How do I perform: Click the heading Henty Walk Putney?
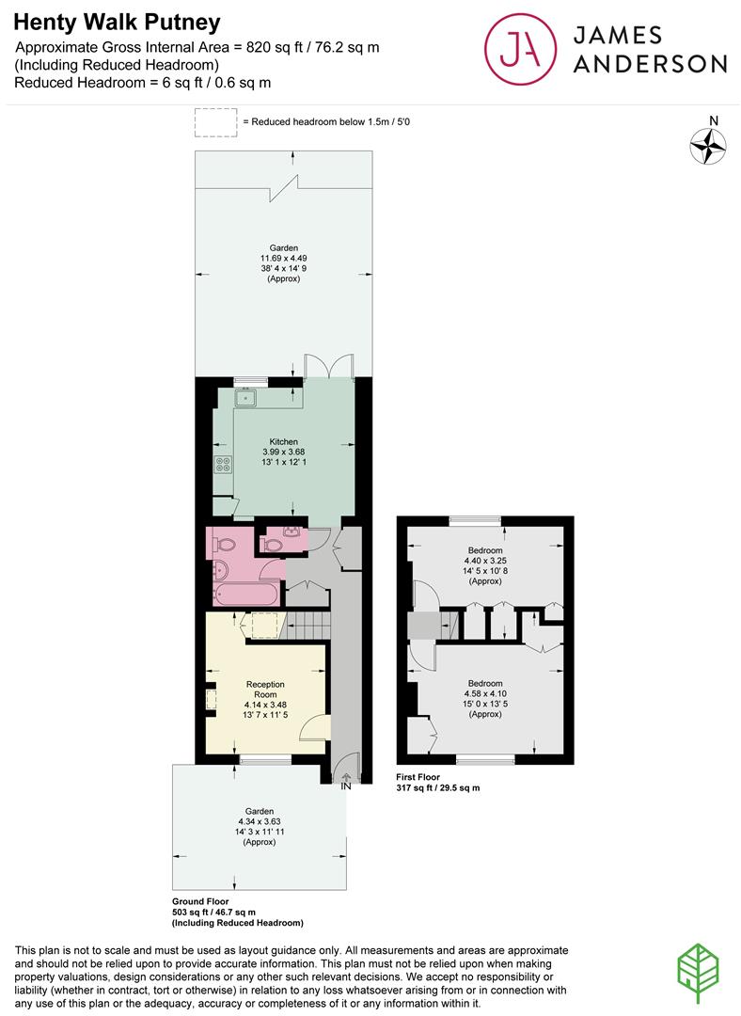pyautogui.click(x=118, y=23)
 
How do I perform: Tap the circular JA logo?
pyautogui.click(x=520, y=49)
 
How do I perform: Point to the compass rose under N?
pyautogui.click(x=707, y=146)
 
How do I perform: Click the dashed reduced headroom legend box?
pyautogui.click(x=215, y=122)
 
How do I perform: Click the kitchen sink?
pyautogui.click(x=246, y=398)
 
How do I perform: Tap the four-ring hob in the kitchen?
pyautogui.click(x=224, y=464)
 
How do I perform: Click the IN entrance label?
pyautogui.click(x=346, y=786)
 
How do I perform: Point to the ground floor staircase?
pyautogui.click(x=308, y=626)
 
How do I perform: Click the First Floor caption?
pyautogui.click(x=418, y=777)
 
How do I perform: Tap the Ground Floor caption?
pyautogui.click(x=200, y=901)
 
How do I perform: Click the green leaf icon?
pyautogui.click(x=699, y=974)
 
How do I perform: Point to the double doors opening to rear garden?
pyautogui.click(x=329, y=365)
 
